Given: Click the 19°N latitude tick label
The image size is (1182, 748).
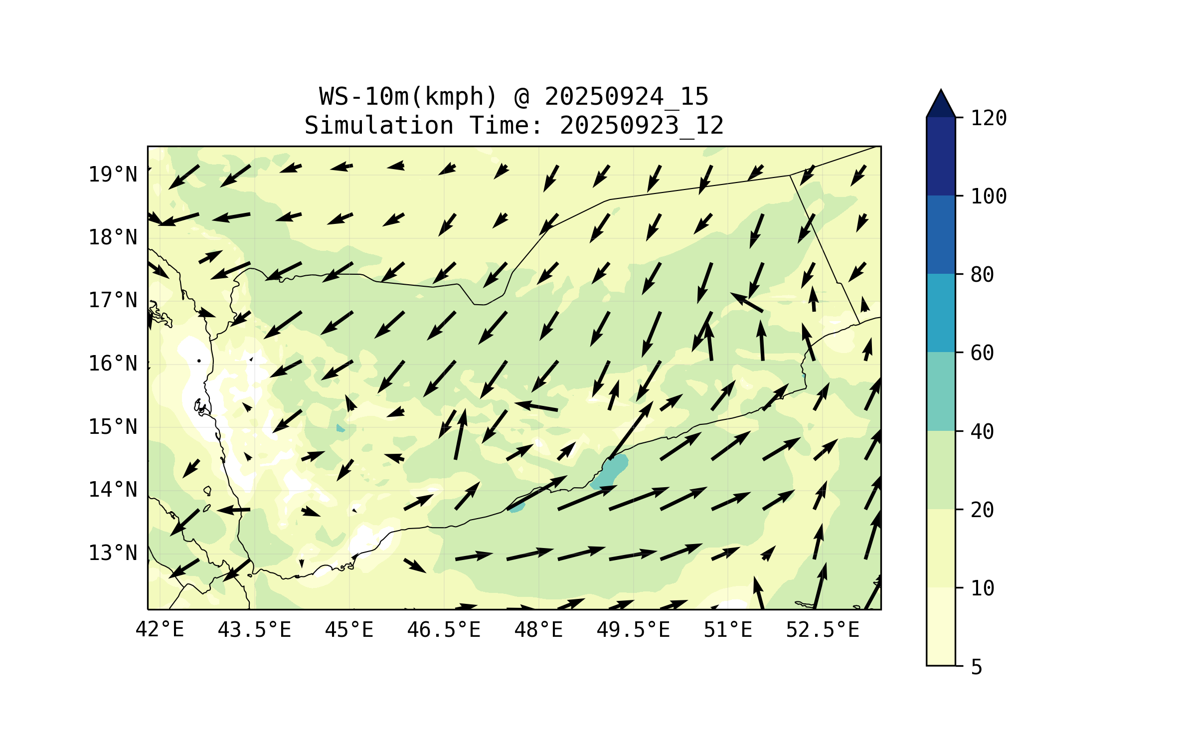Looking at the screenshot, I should pos(113,175).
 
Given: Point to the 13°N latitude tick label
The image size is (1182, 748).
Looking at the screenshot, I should pos(113,553).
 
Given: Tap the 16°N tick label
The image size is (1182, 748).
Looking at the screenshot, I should pos(113,364).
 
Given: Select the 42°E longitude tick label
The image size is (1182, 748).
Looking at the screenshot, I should pos(160,630).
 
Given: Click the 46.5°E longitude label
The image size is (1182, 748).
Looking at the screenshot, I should pos(444,630).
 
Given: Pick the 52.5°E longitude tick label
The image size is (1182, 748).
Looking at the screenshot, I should pos(823,630).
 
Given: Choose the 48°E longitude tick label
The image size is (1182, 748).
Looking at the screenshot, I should pos(538,630).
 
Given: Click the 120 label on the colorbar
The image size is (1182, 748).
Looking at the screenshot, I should pos(989,118).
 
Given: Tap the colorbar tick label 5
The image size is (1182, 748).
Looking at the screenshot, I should pos(977,667).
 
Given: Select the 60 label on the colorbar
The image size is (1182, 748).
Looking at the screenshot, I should pos(982,353).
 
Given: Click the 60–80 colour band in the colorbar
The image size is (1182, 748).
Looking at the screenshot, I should pos(941,313).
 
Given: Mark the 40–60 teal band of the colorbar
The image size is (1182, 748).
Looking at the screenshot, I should pos(941,391).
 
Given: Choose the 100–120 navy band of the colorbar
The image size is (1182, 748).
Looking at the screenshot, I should pos(941,156).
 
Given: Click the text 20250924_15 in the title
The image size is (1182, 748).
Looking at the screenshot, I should pos(626,96).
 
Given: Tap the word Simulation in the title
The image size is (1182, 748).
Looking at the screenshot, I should pos(379,125).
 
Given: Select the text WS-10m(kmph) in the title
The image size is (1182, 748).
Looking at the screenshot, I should pos(408,96).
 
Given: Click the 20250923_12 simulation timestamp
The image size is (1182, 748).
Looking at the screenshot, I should pos(642,125).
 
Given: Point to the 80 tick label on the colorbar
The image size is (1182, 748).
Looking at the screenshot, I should pos(982,275).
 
